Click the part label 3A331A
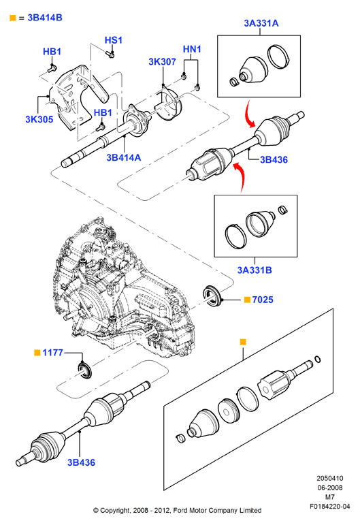(261, 23)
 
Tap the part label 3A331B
(255, 270)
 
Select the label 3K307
(162, 61)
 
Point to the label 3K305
(39, 119)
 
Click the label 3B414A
(124, 157)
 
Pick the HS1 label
(114, 40)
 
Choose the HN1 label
(192, 49)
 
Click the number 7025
(263, 300)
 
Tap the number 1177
(52, 353)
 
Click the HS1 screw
(110, 54)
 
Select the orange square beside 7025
(247, 300)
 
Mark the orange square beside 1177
(37, 353)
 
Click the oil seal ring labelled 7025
(212, 296)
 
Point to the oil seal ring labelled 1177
(84, 370)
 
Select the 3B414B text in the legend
(45, 18)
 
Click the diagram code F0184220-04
(330, 506)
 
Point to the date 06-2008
(330, 488)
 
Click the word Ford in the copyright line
(180, 511)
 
